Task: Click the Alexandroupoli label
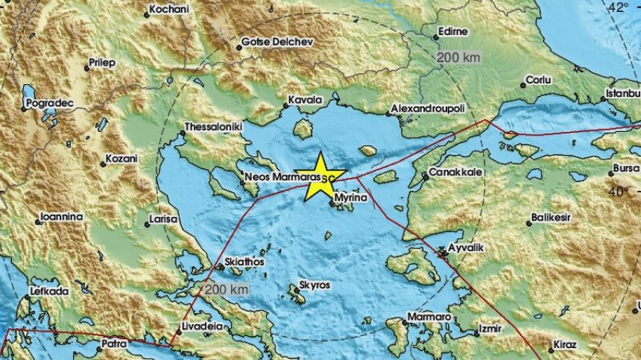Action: click(428, 109)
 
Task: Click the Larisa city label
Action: click(163, 219)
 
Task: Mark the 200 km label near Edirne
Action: click(458, 57)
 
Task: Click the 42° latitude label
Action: click(618, 7)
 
